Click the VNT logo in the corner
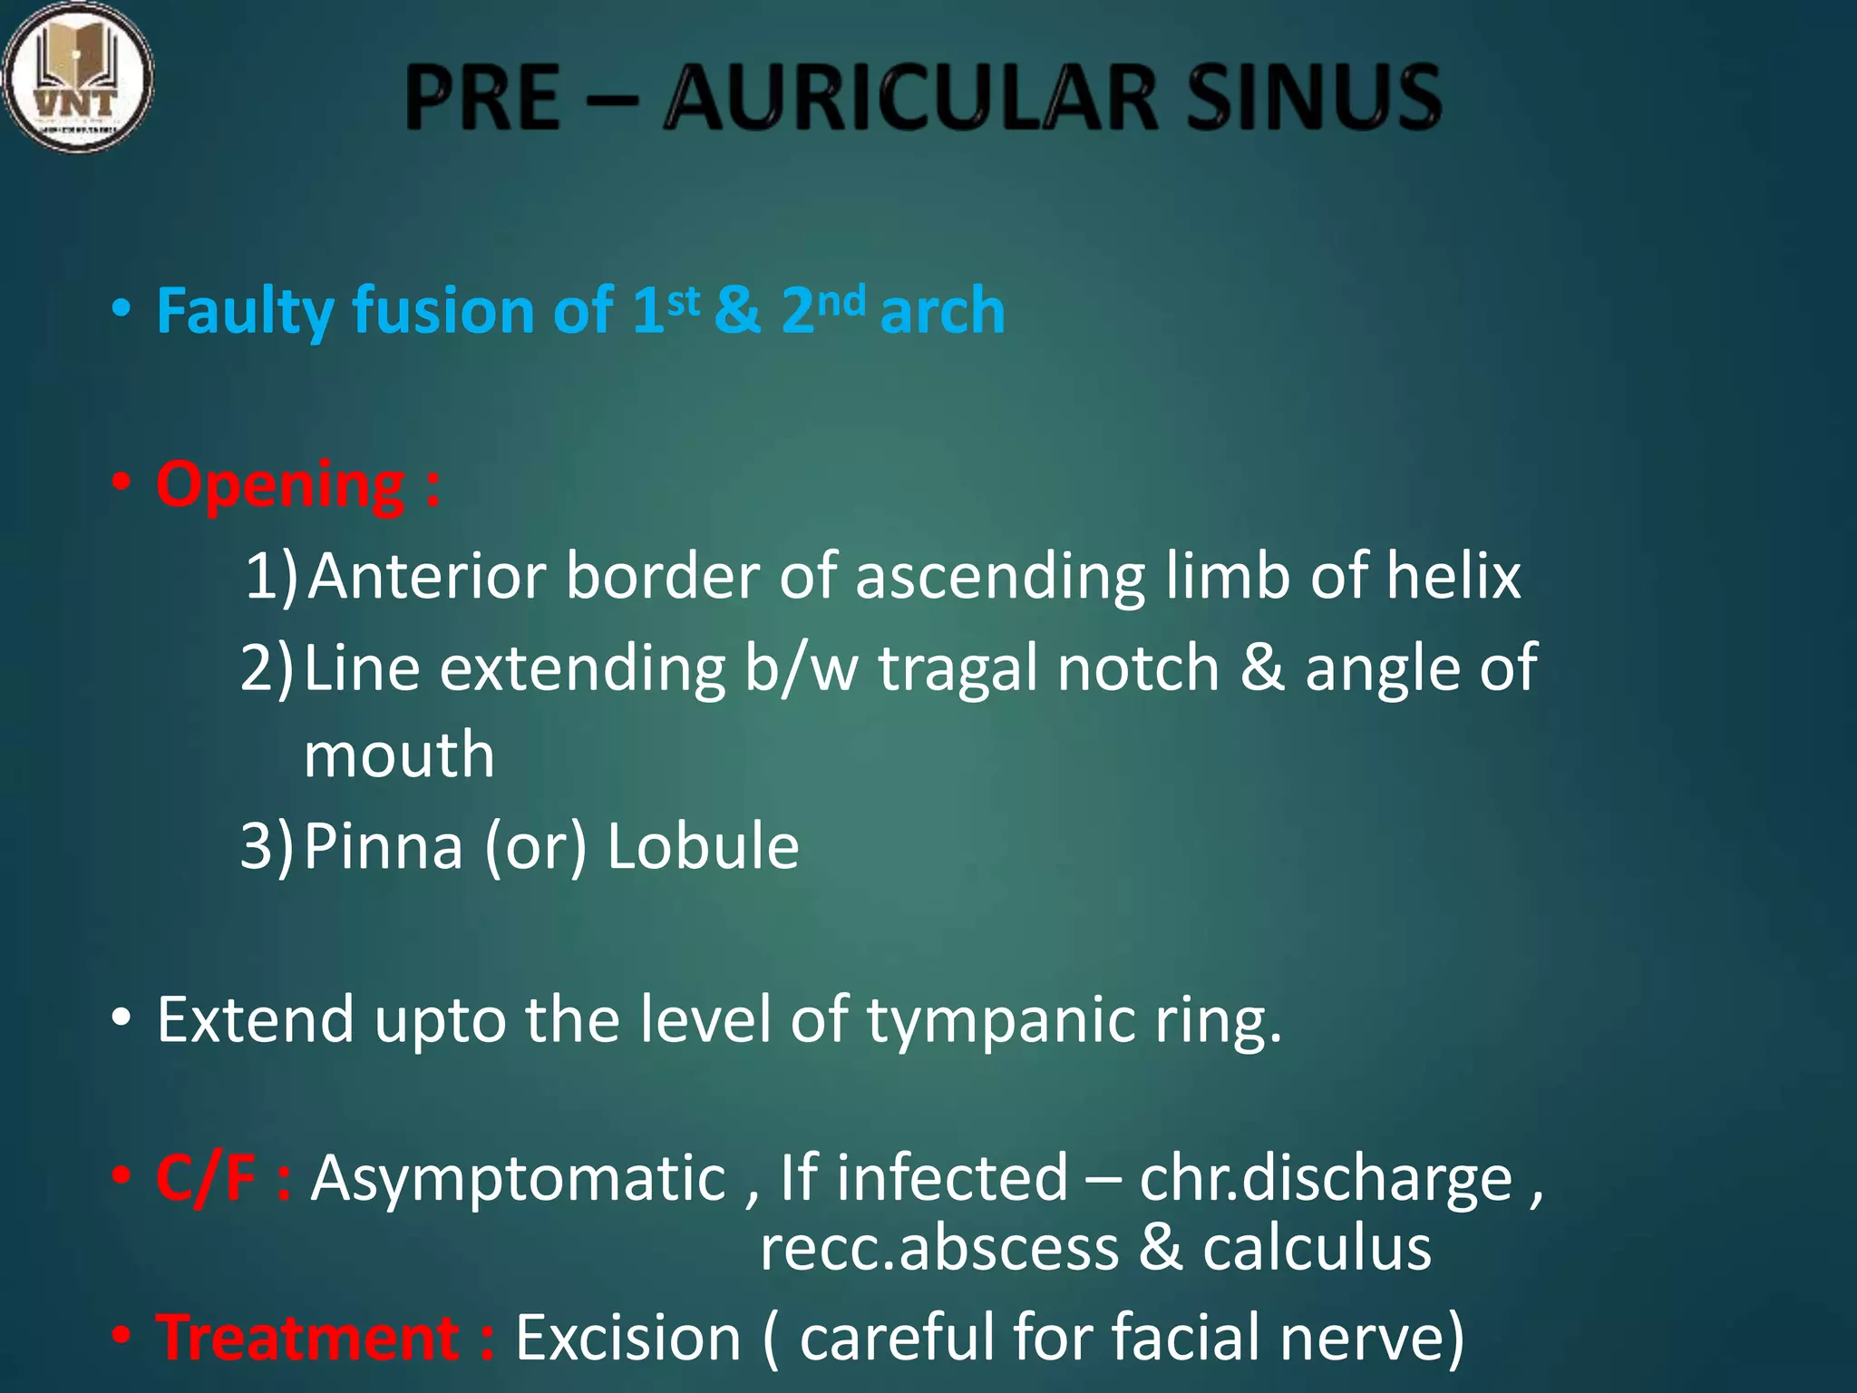(77, 77)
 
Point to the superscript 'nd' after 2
(841, 300)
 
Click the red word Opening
(280, 485)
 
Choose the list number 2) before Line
(267, 668)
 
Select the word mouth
(399, 755)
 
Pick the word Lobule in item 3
(703, 846)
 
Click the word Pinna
(383, 846)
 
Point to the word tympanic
(1001, 1020)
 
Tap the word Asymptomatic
(518, 1178)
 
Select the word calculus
(1317, 1249)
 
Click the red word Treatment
(308, 1338)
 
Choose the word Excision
(628, 1338)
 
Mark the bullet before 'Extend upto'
(122, 1018)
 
